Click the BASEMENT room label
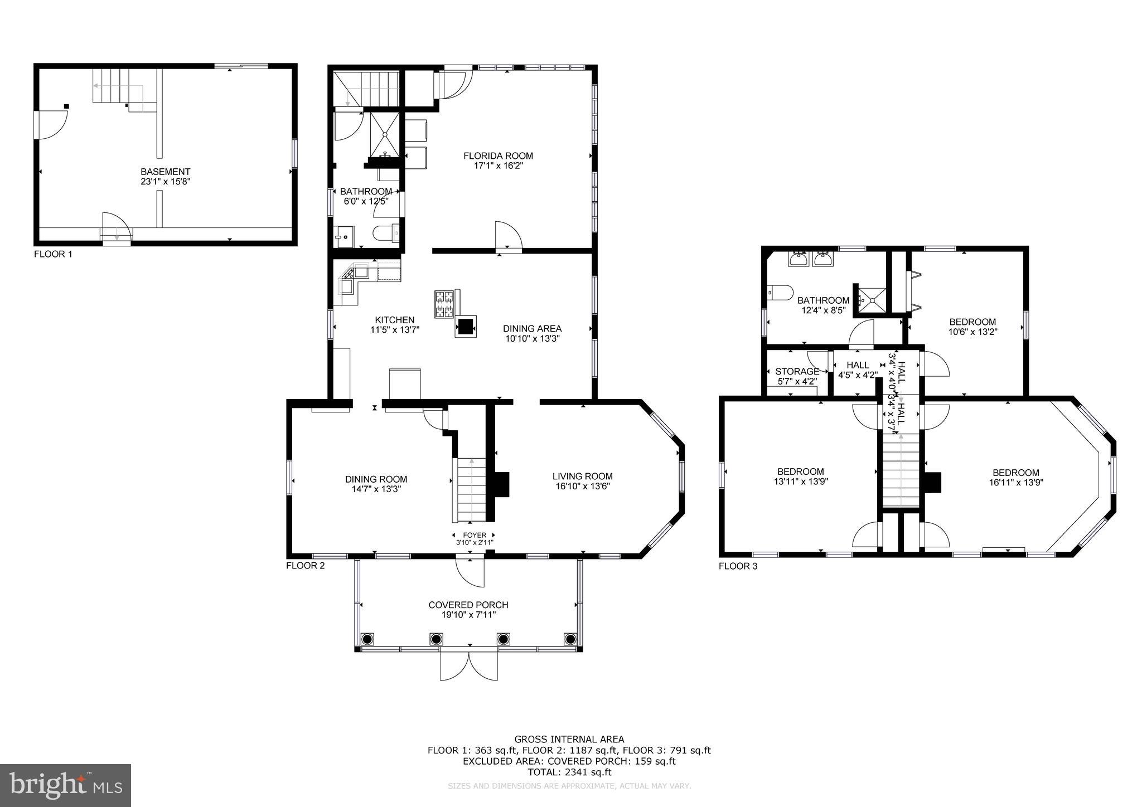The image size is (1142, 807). click(x=165, y=172)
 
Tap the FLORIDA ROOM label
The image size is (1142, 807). click(x=498, y=156)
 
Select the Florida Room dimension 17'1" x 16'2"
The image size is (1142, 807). click(x=498, y=166)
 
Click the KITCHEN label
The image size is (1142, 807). click(x=394, y=320)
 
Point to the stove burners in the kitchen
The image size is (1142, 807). click(x=444, y=304)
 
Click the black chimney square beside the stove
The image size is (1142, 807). click(x=466, y=325)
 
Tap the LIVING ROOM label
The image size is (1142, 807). click(x=582, y=476)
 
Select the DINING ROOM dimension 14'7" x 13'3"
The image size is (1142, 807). click(x=376, y=489)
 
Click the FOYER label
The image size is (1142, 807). click(x=475, y=535)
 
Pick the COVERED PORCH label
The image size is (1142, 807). click(x=468, y=605)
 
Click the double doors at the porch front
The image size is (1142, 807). click(x=468, y=665)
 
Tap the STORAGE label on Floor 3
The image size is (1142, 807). click(x=797, y=371)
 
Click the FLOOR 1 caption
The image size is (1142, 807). click(x=53, y=254)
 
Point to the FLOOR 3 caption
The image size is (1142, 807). click(x=738, y=566)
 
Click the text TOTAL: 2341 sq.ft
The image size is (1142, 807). click(x=569, y=772)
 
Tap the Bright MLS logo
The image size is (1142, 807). click(x=65, y=785)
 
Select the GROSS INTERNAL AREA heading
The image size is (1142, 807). click(x=569, y=740)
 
